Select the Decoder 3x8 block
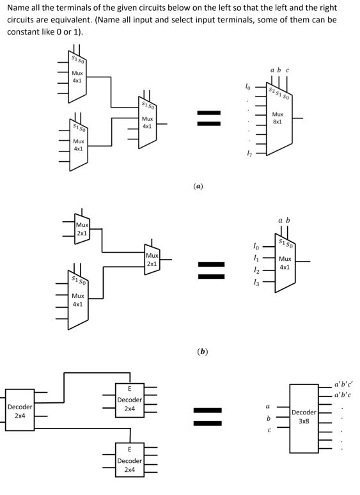[x=304, y=418]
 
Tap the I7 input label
[x=249, y=154]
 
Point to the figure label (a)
[x=198, y=186]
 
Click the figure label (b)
[x=202, y=351]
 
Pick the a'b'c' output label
[x=343, y=384]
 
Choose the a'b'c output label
[x=343, y=395]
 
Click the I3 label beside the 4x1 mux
[x=256, y=283]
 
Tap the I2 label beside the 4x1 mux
[x=256, y=271]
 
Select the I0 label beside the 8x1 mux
[x=247, y=86]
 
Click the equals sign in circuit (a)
[x=208, y=118]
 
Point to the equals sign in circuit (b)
[x=211, y=271]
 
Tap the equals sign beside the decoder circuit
[x=207, y=416]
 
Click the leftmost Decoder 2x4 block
[x=20, y=410]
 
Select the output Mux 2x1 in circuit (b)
[x=152, y=260]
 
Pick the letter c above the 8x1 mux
[x=287, y=70]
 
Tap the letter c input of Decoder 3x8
[x=269, y=430]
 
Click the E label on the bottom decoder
[x=129, y=449]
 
